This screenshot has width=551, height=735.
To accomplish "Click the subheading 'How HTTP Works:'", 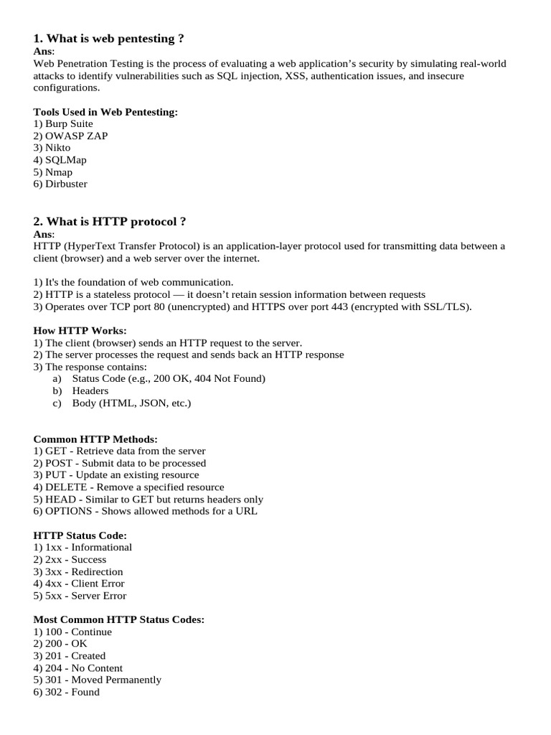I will tap(80, 330).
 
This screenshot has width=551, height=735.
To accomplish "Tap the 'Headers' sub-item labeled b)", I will tap(90, 390).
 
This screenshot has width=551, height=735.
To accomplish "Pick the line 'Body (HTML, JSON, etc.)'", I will tap(131, 403).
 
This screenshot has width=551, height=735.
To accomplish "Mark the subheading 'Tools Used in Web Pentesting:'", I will tap(105, 111).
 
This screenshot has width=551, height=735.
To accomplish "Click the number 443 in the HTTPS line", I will tap(340, 306).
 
